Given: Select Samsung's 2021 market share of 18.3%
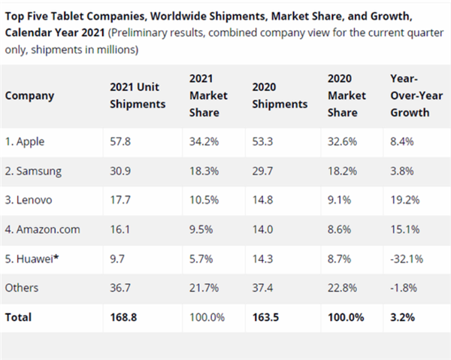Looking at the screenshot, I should click(x=204, y=171).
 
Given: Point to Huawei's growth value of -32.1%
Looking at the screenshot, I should click(x=407, y=259).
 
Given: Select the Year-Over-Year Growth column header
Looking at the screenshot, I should click(x=410, y=96).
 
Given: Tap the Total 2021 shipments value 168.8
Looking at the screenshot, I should click(x=124, y=317).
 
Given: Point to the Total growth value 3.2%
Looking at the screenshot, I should click(x=403, y=317).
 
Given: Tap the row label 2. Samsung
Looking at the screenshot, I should click(x=33, y=171).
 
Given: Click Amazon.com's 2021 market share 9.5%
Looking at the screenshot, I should click(x=201, y=229).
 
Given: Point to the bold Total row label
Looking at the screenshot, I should click(x=19, y=317).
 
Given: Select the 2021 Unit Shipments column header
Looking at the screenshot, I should click(x=138, y=96).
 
